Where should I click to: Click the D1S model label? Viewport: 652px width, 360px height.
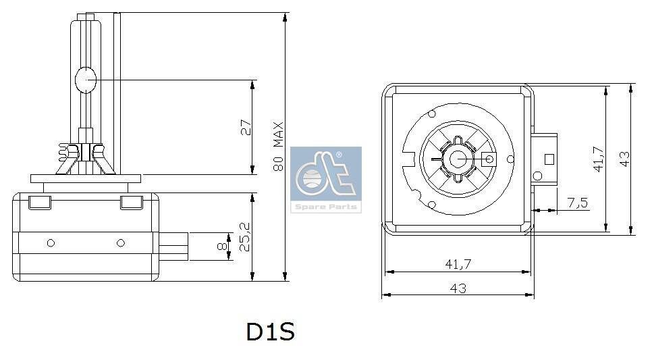coord(270,332)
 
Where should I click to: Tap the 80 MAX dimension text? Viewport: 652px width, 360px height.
coord(278,147)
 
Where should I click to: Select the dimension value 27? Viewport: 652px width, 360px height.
coord(246,127)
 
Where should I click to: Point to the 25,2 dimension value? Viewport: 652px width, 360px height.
coord(246,237)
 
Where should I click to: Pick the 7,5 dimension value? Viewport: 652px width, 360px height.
coord(578,202)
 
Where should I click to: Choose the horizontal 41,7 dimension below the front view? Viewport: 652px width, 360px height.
coord(458,265)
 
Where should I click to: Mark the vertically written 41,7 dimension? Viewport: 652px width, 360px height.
coord(598,159)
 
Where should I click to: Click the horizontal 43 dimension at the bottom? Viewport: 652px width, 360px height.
coord(458,288)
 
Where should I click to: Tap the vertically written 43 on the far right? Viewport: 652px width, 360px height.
coord(625,159)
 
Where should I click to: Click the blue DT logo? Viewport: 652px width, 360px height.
coord(326,175)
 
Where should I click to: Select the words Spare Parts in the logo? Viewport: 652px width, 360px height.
coord(326,207)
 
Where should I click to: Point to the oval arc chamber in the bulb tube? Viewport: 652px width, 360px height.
coord(86,81)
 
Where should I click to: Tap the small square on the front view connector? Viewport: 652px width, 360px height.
coord(549,159)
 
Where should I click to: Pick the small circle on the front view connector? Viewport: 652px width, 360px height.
coord(538,176)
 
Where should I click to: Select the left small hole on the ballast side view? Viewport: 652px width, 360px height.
coord(51,242)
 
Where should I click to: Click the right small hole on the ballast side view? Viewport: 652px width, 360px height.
coord(121,242)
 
